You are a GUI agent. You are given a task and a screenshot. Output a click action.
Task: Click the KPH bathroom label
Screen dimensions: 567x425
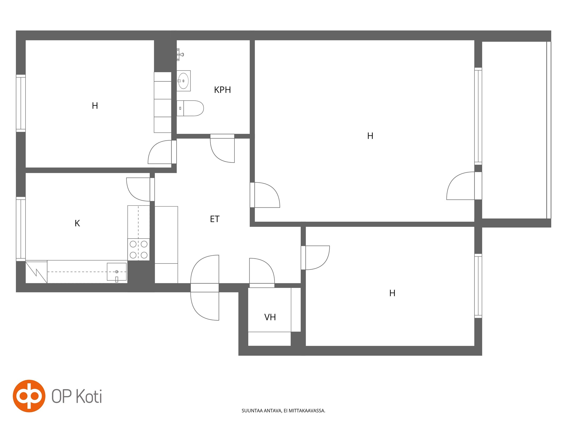pos(222,90)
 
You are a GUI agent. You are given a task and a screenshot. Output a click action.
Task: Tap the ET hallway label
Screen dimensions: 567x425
pos(215,219)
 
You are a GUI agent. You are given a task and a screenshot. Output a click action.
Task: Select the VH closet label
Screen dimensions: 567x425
pos(270,317)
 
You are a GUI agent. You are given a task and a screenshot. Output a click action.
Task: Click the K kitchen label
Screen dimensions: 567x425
pos(77,223)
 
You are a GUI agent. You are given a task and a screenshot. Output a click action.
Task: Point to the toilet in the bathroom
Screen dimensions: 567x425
pos(190,108)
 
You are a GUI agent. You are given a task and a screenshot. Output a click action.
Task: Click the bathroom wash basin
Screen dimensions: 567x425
pos(184,81)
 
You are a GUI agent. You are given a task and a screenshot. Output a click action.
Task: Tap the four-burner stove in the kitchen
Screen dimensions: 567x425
pos(138,249)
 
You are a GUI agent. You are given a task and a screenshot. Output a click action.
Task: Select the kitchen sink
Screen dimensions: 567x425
pos(117,272)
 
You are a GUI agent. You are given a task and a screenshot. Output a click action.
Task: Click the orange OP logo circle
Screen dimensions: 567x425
pos(29,396)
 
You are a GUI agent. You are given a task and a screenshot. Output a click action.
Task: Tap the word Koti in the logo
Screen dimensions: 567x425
pos(89,396)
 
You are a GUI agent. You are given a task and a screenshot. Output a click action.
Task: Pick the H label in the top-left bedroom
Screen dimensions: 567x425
pos(95,106)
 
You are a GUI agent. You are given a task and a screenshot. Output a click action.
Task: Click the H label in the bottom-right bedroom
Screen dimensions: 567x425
pos(392,293)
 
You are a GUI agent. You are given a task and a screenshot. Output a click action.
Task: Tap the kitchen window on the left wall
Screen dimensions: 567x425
pos(21,229)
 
